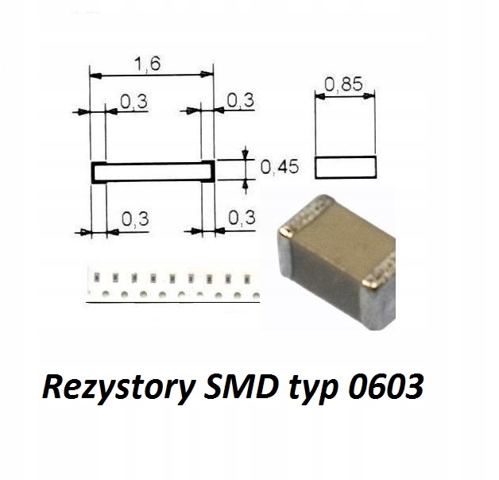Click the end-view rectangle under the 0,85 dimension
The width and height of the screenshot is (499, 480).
click(x=344, y=168)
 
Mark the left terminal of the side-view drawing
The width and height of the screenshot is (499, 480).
click(x=99, y=172)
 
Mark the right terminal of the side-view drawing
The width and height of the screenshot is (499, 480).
click(x=208, y=172)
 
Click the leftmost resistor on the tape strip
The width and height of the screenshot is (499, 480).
click(x=97, y=278)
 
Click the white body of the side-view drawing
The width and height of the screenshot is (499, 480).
click(x=153, y=172)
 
